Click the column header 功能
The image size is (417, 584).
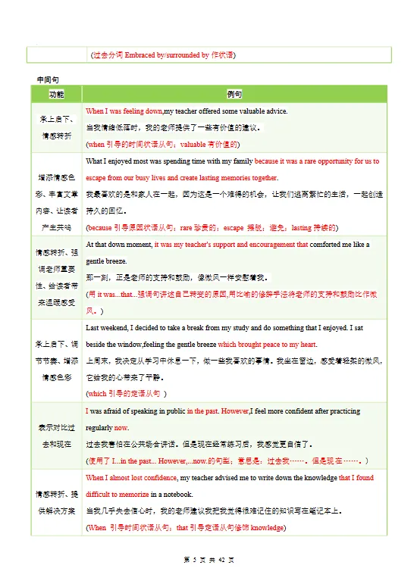click(x=57, y=95)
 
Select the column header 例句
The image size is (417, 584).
click(x=235, y=95)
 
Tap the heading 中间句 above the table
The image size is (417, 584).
click(x=47, y=80)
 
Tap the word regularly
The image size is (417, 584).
click(x=99, y=428)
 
